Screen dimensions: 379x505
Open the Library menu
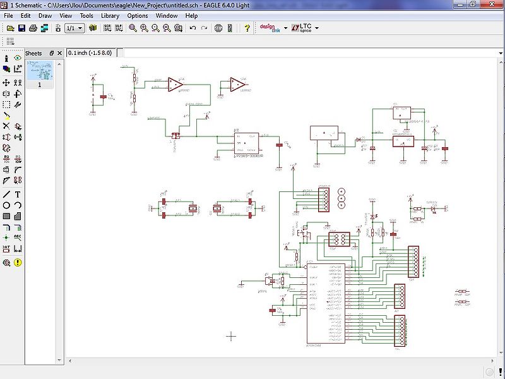pos(110,15)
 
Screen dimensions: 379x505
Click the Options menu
pos(138,15)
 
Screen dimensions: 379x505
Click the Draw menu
pos(45,15)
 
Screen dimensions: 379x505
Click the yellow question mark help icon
pos(247,28)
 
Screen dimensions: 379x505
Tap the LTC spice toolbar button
pos(305,28)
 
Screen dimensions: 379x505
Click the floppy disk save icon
pos(21,28)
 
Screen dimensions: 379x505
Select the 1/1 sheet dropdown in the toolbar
pos(74,28)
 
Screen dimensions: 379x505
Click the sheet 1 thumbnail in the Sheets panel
pos(40,70)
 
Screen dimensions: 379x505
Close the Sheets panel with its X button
pos(59,53)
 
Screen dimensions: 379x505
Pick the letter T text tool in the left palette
pos(18,195)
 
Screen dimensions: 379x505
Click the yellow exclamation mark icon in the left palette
pos(18,262)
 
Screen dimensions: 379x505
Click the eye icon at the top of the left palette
pos(18,58)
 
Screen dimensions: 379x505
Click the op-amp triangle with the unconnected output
pos(237,85)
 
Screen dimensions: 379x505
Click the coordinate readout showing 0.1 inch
pos(92,52)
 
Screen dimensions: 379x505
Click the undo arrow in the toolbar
pos(193,28)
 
